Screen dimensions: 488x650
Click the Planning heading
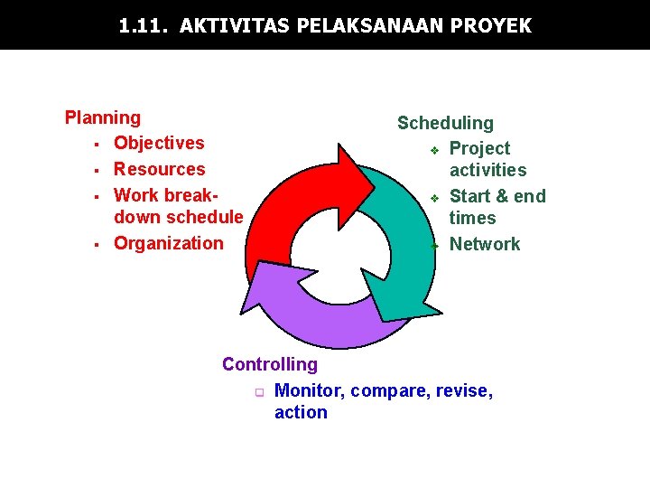pyautogui.click(x=103, y=117)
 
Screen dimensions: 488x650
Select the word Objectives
pyautogui.click(x=159, y=143)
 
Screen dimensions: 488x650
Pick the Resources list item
pyautogui.click(x=159, y=169)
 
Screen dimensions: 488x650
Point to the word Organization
pyautogui.click(x=168, y=243)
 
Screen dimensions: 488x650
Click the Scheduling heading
pyautogui.click(x=445, y=123)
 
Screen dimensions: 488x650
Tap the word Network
pyautogui.click(x=485, y=244)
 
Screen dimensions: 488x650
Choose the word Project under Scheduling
pyautogui.click(x=479, y=148)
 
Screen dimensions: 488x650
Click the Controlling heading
pyautogui.click(x=270, y=364)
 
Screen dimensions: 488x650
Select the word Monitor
pyautogui.click(x=308, y=390)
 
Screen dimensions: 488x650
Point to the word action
pyautogui.click(x=301, y=412)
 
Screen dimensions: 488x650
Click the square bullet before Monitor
pyautogui.click(x=258, y=392)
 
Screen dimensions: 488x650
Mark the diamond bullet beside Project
pyautogui.click(x=434, y=149)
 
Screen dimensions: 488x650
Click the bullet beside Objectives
pyautogui.click(x=94, y=144)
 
